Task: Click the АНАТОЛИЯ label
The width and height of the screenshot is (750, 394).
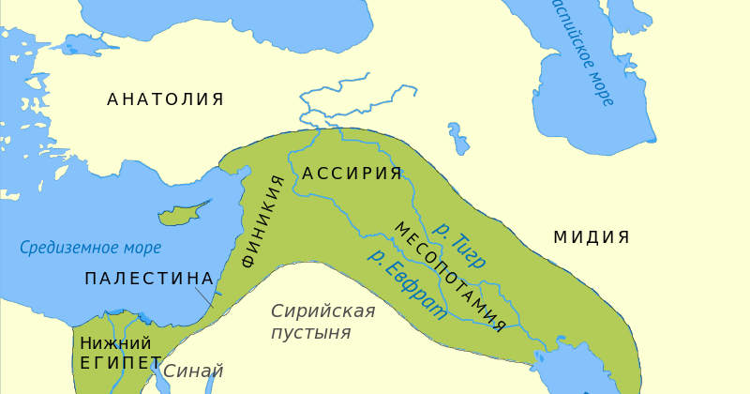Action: [165, 99]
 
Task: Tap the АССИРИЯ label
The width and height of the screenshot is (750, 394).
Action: [352, 174]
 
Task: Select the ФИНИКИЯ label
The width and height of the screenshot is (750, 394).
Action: [263, 221]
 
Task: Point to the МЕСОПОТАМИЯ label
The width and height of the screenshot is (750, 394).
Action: [450, 278]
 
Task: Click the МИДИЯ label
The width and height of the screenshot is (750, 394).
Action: [591, 237]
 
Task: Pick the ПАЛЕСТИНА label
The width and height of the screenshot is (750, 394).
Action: [149, 279]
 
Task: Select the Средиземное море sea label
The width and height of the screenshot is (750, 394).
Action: [91, 249]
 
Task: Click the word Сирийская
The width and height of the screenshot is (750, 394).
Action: [322, 311]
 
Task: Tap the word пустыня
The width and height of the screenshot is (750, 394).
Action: [310, 333]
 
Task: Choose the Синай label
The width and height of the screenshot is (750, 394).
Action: [193, 371]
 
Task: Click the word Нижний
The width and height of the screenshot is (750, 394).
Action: [115, 343]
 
